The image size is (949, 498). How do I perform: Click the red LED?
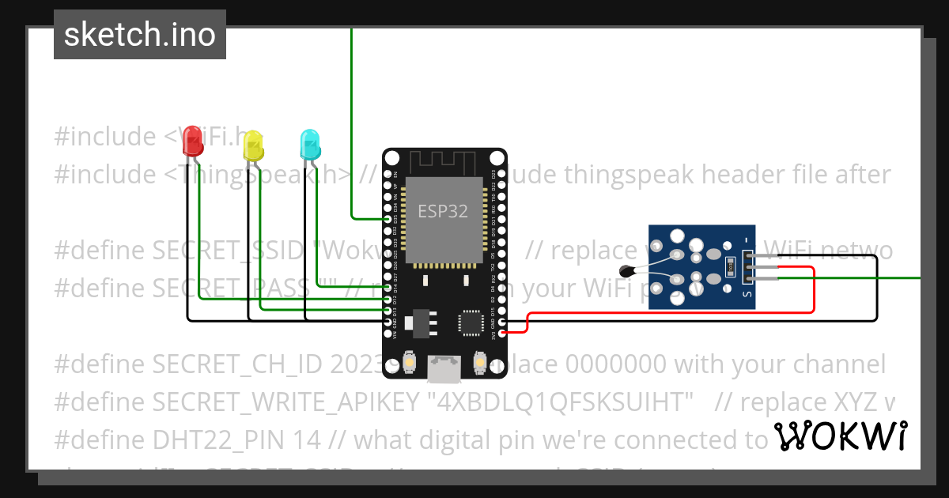pos(192,141)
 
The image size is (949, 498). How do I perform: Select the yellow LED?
pos(253,146)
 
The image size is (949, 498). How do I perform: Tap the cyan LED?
pos(310,144)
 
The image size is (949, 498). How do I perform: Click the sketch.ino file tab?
pos(140,35)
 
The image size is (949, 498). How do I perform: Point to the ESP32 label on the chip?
pos(443,211)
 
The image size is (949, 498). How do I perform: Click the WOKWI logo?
pos(840,436)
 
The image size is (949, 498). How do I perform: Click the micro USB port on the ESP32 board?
pos(444,367)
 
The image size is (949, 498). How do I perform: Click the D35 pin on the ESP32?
pos(388,219)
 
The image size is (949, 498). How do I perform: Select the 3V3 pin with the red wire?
pos(501,334)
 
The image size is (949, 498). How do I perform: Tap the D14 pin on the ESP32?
pos(388,288)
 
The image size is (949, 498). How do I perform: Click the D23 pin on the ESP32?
pos(501,174)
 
